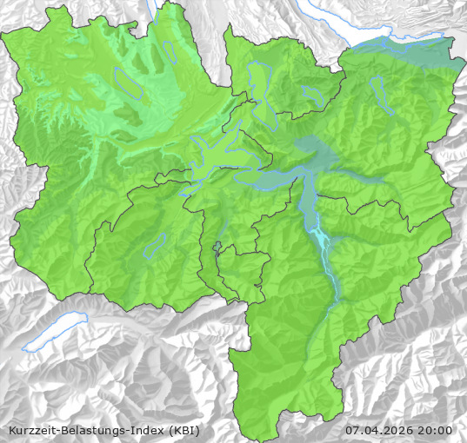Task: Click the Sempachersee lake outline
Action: pyautogui.click(x=127, y=82)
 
